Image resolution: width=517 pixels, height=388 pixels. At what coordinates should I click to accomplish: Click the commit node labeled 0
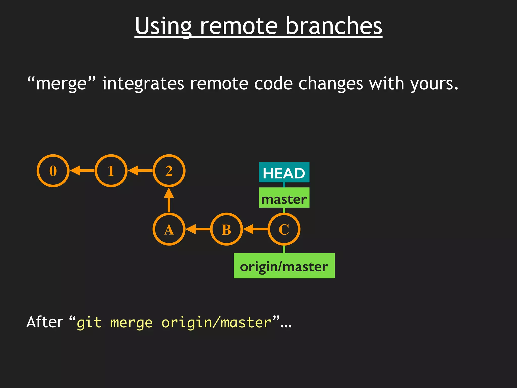click(x=53, y=171)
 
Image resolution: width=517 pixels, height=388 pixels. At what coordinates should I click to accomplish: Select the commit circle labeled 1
click(x=111, y=171)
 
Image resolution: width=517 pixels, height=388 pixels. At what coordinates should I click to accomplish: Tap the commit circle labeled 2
click(x=169, y=171)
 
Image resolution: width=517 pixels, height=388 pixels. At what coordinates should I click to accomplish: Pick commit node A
click(x=169, y=229)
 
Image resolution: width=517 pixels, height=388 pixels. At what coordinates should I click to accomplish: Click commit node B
click(x=226, y=229)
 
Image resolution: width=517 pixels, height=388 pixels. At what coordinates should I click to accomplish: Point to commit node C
click(x=284, y=229)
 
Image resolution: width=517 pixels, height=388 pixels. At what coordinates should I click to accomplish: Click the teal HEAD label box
click(x=284, y=173)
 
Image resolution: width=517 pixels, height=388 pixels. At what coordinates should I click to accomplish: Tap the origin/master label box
click(x=284, y=266)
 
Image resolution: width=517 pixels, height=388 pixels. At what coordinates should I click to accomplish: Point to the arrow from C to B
click(x=255, y=229)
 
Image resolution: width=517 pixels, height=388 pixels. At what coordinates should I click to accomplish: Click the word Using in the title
click(x=163, y=26)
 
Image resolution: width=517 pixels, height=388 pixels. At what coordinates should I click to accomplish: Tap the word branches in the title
click(x=334, y=26)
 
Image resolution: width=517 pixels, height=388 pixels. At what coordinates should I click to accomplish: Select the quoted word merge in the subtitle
click(x=61, y=84)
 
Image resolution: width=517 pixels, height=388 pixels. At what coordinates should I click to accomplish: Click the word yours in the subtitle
click(x=434, y=84)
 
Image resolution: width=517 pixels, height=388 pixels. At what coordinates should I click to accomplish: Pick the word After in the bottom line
click(x=45, y=322)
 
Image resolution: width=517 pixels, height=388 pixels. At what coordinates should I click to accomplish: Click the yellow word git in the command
click(x=89, y=323)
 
